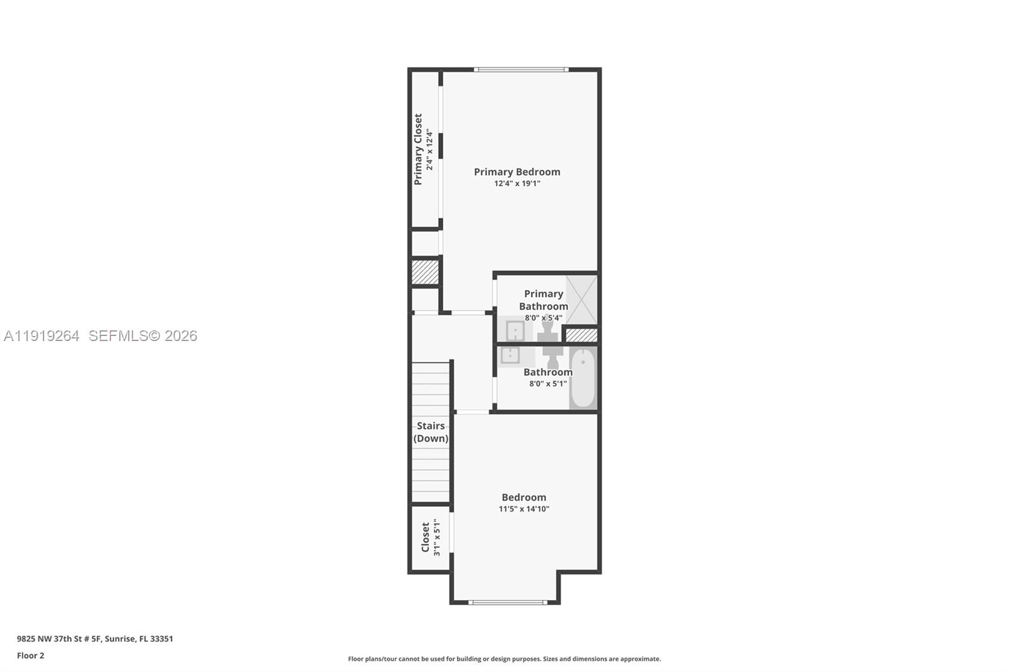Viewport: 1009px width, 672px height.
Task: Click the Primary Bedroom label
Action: coord(516,171)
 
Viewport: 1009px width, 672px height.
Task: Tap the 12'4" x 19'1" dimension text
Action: coord(516,183)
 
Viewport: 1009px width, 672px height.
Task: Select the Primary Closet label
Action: coord(418,149)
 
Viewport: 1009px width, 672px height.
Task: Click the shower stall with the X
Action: coord(581,299)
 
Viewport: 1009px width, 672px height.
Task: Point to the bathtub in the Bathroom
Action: coord(582,379)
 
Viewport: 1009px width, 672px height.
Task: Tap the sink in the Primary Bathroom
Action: coord(515,330)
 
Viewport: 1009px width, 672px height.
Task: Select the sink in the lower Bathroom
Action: coord(510,356)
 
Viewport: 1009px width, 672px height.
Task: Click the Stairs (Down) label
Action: coord(431,432)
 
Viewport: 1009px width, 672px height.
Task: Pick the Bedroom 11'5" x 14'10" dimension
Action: coord(523,509)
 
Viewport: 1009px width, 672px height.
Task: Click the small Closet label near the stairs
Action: coord(426,536)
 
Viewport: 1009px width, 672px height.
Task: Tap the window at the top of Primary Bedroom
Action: coord(521,69)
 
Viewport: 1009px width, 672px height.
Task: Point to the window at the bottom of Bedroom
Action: coord(508,602)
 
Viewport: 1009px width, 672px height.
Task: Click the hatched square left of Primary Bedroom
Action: coord(424,272)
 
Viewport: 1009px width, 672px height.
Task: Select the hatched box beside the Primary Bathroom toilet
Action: coord(581,335)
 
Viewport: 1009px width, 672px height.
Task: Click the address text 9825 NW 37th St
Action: coord(95,639)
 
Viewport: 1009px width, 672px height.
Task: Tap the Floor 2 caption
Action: coord(30,656)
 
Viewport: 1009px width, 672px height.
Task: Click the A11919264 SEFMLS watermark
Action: coord(101,336)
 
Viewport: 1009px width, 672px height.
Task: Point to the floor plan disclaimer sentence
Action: coord(504,659)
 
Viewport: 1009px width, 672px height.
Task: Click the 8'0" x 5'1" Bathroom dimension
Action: coord(547,383)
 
